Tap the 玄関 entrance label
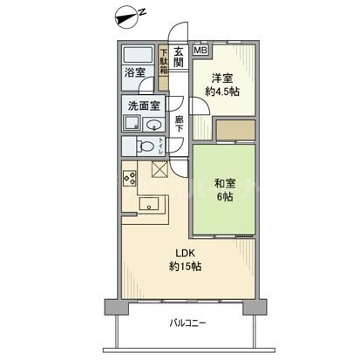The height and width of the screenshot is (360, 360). pos(179,58)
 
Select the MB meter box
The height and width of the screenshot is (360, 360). pos(200,51)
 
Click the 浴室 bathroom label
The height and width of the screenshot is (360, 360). pos(134,74)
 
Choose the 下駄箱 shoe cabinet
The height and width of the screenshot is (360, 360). pos(163,66)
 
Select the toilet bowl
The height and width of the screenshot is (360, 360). pos(149,146)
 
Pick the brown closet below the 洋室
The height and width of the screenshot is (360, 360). pos(234,130)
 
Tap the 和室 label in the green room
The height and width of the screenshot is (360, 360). pos(224,183)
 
